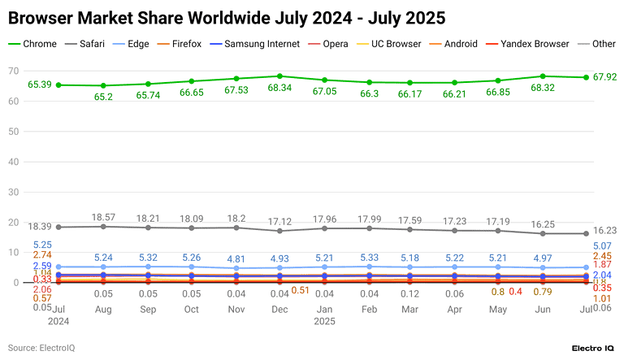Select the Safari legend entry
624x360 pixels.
click(x=91, y=43)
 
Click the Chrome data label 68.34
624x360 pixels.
click(x=279, y=89)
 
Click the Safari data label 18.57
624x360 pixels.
click(x=102, y=218)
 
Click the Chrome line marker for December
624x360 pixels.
click(x=279, y=76)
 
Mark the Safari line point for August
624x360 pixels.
click(x=102, y=227)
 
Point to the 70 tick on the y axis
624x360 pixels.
click(x=14, y=72)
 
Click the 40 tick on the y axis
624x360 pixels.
click(x=14, y=162)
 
